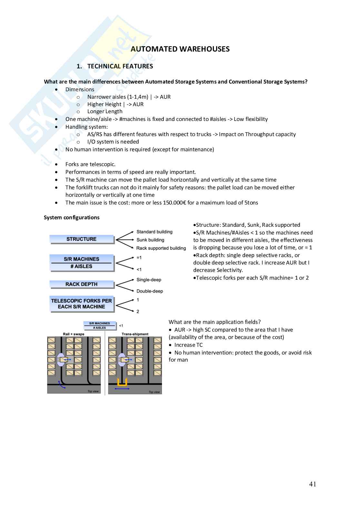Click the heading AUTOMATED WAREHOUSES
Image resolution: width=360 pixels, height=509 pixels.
click(x=180, y=49)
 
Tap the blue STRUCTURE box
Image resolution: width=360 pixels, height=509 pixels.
click(x=81, y=239)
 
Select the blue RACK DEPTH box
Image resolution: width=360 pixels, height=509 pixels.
click(x=81, y=284)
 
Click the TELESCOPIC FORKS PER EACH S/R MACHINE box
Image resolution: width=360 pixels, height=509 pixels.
click(x=81, y=304)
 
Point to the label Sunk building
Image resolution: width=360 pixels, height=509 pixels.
click(x=150, y=240)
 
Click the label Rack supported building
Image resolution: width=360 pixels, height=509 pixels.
click(x=161, y=248)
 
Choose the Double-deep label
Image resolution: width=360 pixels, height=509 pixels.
click(x=150, y=291)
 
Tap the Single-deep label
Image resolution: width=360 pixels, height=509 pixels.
click(x=149, y=280)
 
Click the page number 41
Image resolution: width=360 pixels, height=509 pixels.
click(x=313, y=484)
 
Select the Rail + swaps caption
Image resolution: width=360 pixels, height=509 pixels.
click(x=74, y=334)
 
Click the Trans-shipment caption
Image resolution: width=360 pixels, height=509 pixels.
click(x=135, y=334)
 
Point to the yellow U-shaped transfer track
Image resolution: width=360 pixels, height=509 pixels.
click(x=122, y=383)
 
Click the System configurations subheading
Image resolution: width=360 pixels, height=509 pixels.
click(x=72, y=217)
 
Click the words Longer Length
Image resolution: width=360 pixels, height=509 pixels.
click(x=105, y=111)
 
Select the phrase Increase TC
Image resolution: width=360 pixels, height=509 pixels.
click(x=188, y=345)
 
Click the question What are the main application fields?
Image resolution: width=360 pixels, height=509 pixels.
click(x=215, y=322)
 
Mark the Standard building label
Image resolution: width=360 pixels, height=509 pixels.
click(x=154, y=232)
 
